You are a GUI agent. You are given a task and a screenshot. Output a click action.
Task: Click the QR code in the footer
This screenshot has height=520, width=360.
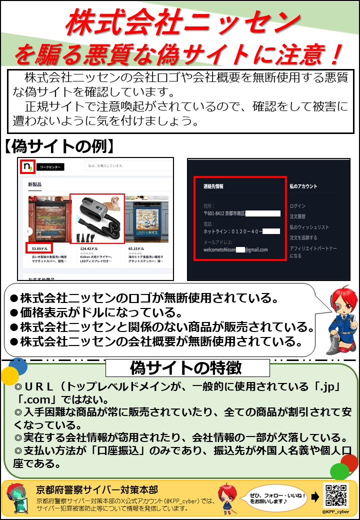[x=336, y=496]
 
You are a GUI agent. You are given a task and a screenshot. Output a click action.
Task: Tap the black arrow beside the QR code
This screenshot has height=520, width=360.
[x=314, y=496]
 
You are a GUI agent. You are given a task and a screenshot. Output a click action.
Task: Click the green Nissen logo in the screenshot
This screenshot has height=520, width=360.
[x=27, y=166]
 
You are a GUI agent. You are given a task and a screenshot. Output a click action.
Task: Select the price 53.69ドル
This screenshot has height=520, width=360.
[x=38, y=248]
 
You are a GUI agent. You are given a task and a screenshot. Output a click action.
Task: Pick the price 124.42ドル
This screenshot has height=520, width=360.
[x=88, y=248]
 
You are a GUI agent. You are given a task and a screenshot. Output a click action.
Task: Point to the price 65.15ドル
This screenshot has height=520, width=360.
[x=136, y=248]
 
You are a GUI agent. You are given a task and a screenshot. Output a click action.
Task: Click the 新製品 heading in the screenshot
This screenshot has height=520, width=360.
[x=34, y=184]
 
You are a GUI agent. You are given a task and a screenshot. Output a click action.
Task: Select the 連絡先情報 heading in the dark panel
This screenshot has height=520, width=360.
[x=213, y=186]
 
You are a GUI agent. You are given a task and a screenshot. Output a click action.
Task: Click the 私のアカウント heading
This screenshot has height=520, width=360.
[x=303, y=186]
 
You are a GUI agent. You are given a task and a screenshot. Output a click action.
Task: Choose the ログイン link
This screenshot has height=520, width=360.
[x=297, y=206]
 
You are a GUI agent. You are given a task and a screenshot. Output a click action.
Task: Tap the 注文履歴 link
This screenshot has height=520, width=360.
[x=298, y=216]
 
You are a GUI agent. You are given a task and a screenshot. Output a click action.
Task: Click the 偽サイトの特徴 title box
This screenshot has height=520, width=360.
[x=187, y=368]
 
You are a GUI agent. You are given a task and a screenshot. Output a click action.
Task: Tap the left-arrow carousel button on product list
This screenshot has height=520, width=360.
[x=28, y=231]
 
